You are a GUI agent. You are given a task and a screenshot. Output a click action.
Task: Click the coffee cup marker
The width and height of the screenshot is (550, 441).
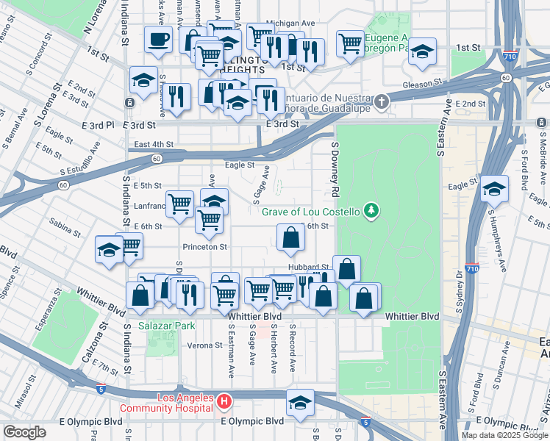(x=158, y=40)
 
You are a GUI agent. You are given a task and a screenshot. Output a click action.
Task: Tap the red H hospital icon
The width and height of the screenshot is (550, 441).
(x=225, y=401)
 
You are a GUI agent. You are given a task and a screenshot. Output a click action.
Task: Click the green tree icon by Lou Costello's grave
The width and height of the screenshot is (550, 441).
(x=372, y=212)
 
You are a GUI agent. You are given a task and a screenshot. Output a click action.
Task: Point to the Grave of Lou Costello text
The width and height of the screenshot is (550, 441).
(x=311, y=212)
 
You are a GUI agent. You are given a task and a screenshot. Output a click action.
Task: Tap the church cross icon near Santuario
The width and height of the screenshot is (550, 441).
(x=381, y=101)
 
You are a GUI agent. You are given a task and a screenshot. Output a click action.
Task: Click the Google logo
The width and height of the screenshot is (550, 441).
(x=24, y=432)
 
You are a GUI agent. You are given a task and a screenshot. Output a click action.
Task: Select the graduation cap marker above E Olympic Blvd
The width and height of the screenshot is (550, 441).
(x=300, y=403)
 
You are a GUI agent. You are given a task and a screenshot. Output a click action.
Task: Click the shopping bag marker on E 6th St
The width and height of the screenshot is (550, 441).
(x=290, y=237)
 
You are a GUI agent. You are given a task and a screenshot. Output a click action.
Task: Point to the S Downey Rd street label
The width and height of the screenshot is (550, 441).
(x=335, y=170)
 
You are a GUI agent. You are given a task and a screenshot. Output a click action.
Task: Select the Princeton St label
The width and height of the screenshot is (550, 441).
(x=205, y=247)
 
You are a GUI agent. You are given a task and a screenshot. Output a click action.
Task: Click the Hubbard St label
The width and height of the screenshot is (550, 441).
(x=307, y=268)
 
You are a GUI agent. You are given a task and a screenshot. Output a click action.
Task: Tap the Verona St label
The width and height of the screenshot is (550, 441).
(x=194, y=345)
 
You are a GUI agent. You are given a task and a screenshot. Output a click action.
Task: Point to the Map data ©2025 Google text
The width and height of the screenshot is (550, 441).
(x=504, y=434)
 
